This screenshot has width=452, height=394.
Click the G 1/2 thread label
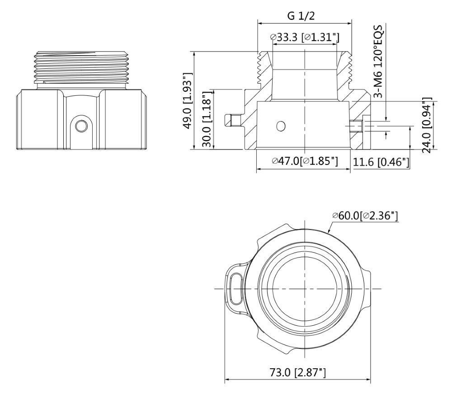pyautogui.click(x=301, y=15)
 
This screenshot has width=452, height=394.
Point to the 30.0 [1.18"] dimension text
pyautogui.click(x=207, y=120)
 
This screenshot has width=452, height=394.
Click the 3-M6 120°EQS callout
pyautogui.click(x=379, y=61)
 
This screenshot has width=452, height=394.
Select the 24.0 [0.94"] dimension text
pyautogui.click(x=427, y=125)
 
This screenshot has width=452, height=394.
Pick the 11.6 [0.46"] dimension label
pyautogui.click(x=381, y=162)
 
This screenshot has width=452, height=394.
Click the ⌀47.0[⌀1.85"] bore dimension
pyautogui.click(x=305, y=161)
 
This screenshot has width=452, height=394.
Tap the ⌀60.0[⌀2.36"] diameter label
pyautogui.click(x=365, y=216)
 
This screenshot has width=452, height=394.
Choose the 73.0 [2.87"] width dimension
pyautogui.click(x=298, y=373)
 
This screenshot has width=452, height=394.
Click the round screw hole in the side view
pyautogui.click(x=81, y=126)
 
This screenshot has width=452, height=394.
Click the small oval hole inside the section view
pyautogui.click(x=281, y=126)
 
